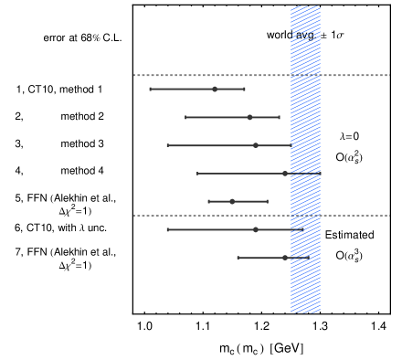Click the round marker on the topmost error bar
(215, 89)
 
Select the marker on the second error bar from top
(249, 117)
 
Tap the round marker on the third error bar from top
(256, 145)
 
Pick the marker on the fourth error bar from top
(285, 174)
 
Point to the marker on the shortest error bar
(232, 201)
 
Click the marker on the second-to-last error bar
(256, 229)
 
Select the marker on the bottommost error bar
(285, 258)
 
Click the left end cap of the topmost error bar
(151, 89)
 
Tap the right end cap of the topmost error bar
(244, 89)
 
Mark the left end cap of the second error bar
(185, 117)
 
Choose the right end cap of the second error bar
(279, 117)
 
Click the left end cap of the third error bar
(167, 145)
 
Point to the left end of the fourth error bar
(197, 174)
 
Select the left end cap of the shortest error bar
(208, 201)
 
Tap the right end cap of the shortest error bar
(267, 201)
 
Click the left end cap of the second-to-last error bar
(167, 229)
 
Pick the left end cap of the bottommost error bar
(238, 258)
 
